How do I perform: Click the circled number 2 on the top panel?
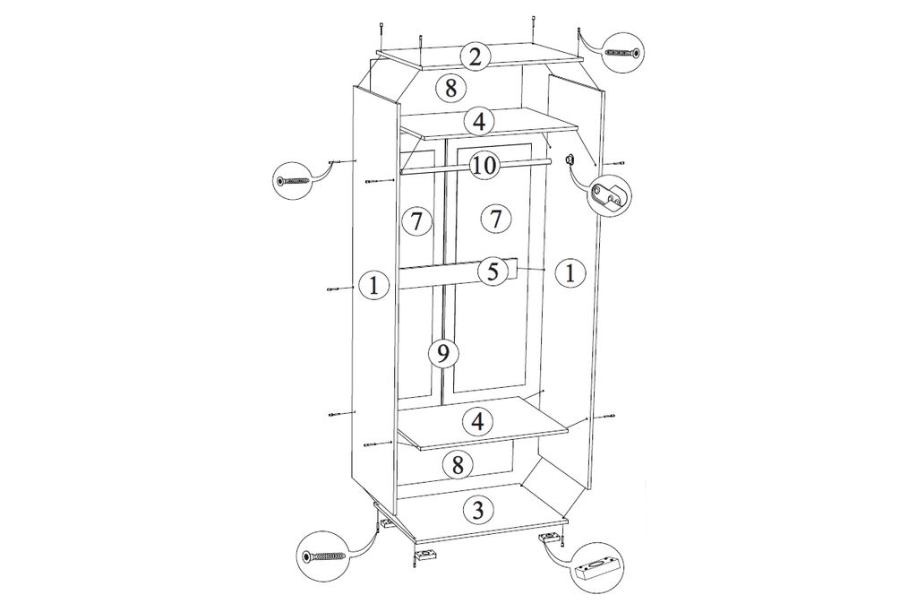(x=475, y=56)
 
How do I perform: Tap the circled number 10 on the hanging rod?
(x=484, y=166)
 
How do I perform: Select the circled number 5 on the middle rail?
(x=493, y=272)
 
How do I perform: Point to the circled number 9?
(x=442, y=352)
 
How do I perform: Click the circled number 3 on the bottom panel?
(x=478, y=510)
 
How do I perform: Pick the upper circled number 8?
(x=450, y=89)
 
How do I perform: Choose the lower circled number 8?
(x=458, y=466)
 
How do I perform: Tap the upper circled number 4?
(x=479, y=122)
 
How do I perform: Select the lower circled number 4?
(x=478, y=421)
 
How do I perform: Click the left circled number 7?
(x=416, y=221)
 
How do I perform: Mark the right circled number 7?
(x=496, y=220)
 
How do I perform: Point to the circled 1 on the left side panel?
(x=375, y=285)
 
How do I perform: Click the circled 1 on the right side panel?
(x=570, y=272)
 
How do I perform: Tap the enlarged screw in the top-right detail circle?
(x=623, y=53)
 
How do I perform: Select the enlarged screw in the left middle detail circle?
(x=294, y=182)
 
